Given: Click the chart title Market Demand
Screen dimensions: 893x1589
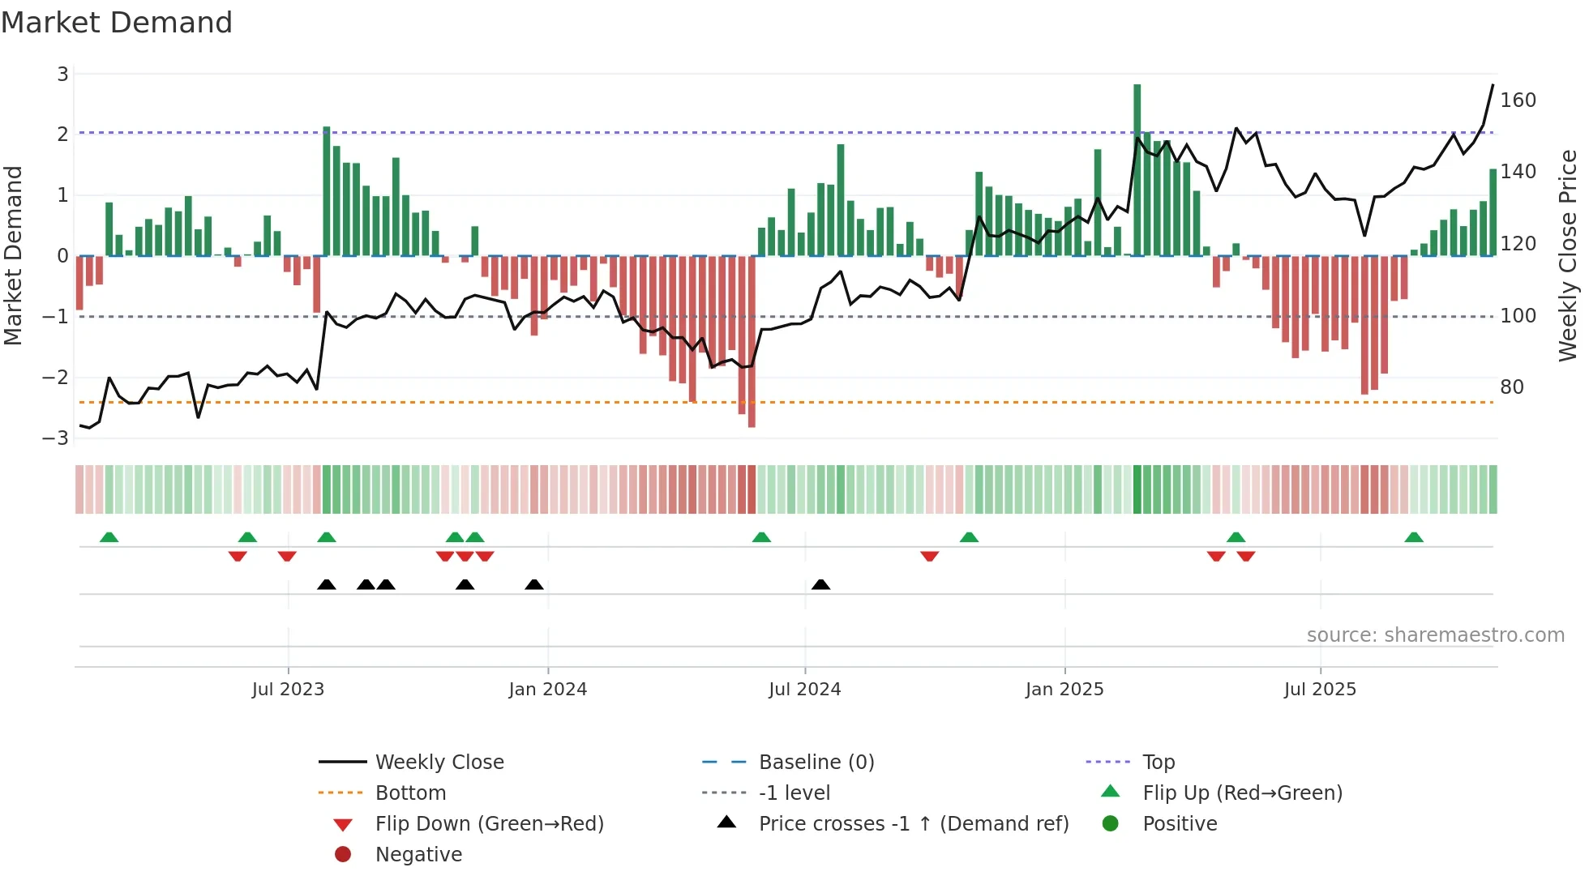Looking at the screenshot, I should pyautogui.click(x=117, y=23).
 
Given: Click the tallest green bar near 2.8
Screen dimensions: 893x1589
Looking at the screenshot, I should pyautogui.click(x=1137, y=170).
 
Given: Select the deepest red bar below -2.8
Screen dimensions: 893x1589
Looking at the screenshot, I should pyautogui.click(x=752, y=340).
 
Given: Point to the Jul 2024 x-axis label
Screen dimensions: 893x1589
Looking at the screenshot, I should pyautogui.click(x=804, y=690).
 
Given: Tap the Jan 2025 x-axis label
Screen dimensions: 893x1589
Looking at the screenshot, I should pyautogui.click(x=1064, y=690).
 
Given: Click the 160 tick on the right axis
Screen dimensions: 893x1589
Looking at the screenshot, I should pyautogui.click(x=1518, y=100).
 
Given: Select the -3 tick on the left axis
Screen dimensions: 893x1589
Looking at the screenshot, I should pyautogui.click(x=57, y=438).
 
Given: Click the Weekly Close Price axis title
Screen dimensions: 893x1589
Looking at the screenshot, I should pyautogui.click(x=1568, y=255).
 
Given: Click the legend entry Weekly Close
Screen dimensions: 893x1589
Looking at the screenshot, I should pyautogui.click(x=439, y=763).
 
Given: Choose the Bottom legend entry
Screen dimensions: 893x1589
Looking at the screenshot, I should pyautogui.click(x=410, y=793).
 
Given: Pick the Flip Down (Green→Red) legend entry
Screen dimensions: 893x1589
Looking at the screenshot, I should pyautogui.click(x=489, y=824).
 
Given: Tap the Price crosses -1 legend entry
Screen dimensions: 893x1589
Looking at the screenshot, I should pyautogui.click(x=913, y=824).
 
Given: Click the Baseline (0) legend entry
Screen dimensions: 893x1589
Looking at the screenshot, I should pyautogui.click(x=816, y=763).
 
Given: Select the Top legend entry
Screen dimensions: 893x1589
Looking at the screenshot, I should pyautogui.click(x=1158, y=763).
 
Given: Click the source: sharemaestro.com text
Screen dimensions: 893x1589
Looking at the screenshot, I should pyautogui.click(x=1435, y=635).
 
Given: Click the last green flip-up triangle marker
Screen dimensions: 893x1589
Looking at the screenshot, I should pyautogui.click(x=1414, y=537).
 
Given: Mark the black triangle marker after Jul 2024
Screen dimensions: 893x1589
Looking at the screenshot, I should pyautogui.click(x=820, y=585).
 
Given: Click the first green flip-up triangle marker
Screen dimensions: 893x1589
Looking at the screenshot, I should pyautogui.click(x=109, y=537).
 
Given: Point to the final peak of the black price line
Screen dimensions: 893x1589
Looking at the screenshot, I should pyautogui.click(x=1493, y=85).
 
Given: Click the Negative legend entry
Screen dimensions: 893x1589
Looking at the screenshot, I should pyautogui.click(x=418, y=855).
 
